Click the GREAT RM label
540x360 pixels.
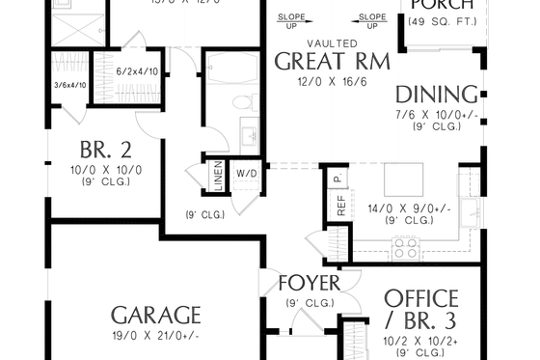click(x=332, y=62)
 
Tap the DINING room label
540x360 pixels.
click(x=437, y=95)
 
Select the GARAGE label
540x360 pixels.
click(x=155, y=315)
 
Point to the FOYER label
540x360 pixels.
click(x=309, y=283)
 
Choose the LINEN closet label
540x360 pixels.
click(x=217, y=178)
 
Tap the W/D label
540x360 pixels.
click(x=247, y=174)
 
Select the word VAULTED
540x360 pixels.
click(x=332, y=43)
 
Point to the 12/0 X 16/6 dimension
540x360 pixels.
click(x=332, y=83)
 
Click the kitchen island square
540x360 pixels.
click(x=402, y=180)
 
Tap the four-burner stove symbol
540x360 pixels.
click(x=406, y=248)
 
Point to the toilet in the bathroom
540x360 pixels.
click(x=241, y=101)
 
